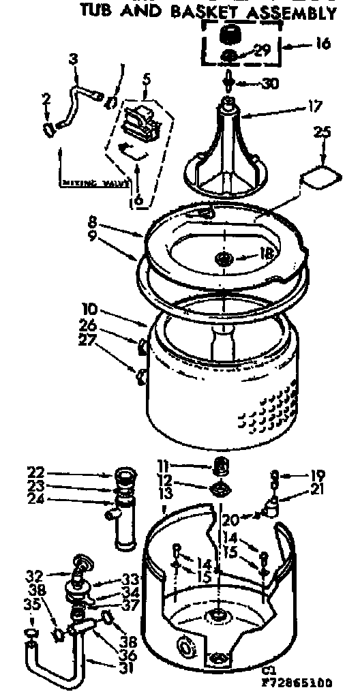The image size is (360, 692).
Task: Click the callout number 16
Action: [x=322, y=44]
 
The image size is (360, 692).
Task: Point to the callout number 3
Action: [x=73, y=60]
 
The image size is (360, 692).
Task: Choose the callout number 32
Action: [x=34, y=573]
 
